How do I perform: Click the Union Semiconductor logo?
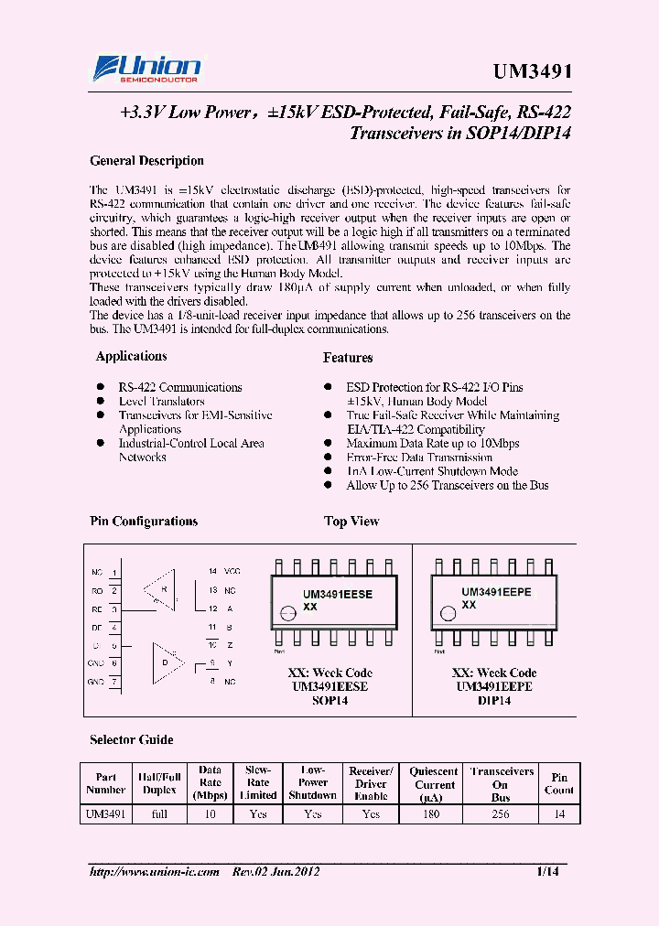coord(146,70)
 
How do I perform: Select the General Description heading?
coord(146,161)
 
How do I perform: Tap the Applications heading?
coord(131,357)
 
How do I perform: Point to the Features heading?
coord(348,358)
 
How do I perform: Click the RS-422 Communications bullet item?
coord(180,388)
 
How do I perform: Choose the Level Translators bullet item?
coord(161,402)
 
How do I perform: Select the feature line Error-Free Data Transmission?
coord(419,458)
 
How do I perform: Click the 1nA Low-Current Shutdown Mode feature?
coord(432,471)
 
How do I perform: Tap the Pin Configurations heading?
coord(144,522)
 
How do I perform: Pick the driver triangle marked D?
coord(167,660)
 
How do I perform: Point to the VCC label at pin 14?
coord(232,571)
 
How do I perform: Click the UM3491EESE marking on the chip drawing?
coord(338,594)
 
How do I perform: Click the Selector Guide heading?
coord(131,739)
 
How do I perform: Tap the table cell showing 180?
coord(434,813)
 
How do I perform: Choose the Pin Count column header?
coord(558,784)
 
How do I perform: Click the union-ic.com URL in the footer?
coord(155,872)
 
